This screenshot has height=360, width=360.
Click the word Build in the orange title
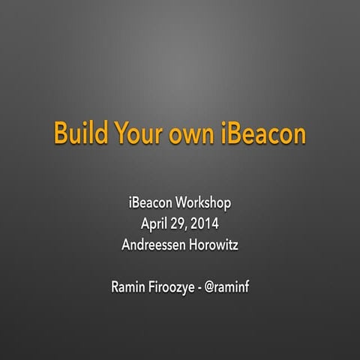[78, 133]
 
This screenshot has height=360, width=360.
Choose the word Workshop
[205, 203]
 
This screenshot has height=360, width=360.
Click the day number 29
[182, 223]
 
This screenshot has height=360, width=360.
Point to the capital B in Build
[60, 133]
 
